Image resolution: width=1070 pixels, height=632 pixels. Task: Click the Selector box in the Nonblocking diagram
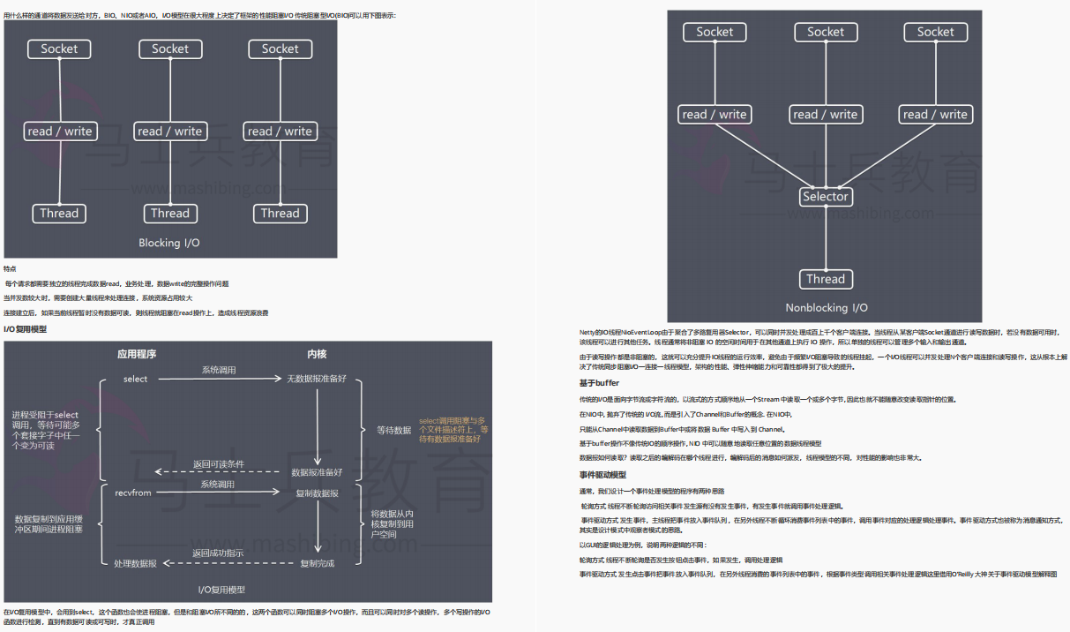[x=825, y=197]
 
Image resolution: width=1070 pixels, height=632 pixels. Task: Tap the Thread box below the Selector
[x=825, y=279]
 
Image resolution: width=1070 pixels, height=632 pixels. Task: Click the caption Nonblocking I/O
[x=826, y=308]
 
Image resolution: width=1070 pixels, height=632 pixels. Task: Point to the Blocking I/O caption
[x=169, y=243]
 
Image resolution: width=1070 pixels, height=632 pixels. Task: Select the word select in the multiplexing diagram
[x=136, y=379]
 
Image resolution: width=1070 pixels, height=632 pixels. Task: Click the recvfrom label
[x=133, y=493]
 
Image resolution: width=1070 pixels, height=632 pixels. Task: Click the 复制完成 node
[x=317, y=563]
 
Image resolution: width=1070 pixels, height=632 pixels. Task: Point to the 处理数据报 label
[x=135, y=563]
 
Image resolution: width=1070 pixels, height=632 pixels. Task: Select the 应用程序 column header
[x=137, y=354]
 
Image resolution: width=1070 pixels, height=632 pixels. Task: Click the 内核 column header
[x=317, y=354]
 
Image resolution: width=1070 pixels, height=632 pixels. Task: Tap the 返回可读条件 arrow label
[x=219, y=464]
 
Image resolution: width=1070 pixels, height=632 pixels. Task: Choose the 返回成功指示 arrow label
[x=218, y=553]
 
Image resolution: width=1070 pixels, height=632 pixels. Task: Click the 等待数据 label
[x=393, y=430]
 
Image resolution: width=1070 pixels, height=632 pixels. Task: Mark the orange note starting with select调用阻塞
[x=453, y=430]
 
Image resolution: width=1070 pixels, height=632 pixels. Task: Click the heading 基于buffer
[x=599, y=383]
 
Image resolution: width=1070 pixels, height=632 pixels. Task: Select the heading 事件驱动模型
[x=602, y=475]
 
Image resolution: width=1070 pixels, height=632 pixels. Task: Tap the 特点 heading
[x=10, y=268]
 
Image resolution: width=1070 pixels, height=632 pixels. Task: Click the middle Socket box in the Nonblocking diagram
[x=825, y=32]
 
